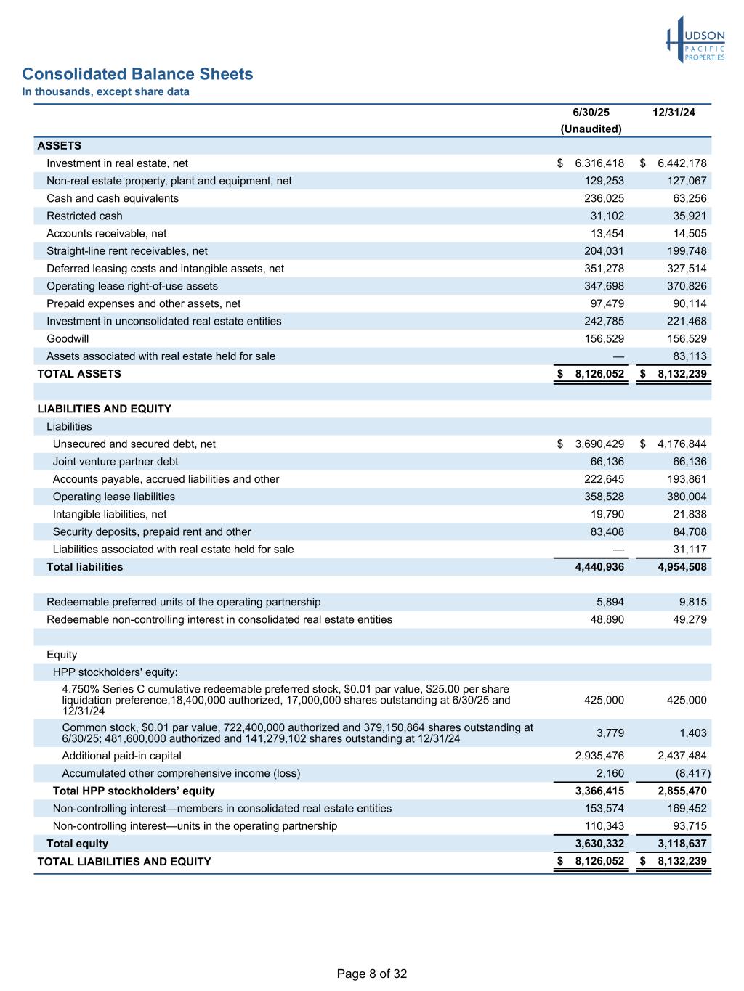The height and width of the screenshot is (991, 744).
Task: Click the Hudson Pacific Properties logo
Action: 695,40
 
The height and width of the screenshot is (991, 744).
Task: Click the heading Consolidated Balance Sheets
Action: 137,74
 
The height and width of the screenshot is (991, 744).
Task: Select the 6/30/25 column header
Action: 591,113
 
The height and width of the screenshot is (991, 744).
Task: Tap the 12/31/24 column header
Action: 674,113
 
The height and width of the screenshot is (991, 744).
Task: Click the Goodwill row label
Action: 68,339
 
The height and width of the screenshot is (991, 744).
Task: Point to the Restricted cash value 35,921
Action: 687,216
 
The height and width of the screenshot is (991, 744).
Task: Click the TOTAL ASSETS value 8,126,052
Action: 599,374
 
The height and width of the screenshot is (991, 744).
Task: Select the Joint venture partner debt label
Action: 116,462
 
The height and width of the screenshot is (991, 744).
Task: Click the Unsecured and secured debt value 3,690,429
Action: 599,444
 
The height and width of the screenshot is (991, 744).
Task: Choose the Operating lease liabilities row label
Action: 114,497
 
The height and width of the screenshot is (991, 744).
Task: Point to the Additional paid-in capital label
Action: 122,756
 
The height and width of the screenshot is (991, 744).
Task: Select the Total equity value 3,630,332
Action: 599,844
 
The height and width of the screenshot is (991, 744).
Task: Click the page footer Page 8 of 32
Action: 372,974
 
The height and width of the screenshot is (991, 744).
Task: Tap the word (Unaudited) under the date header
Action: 591,129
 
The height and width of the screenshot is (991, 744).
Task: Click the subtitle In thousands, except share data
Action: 105,91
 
